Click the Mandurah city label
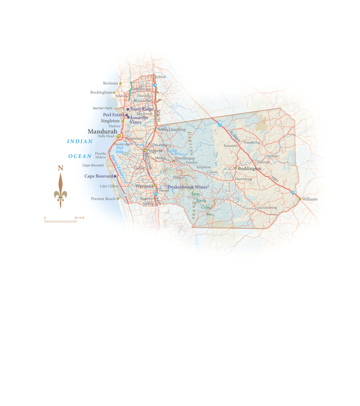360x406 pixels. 102,131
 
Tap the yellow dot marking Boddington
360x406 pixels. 235,168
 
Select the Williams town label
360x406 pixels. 310,199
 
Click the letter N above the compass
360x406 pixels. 61,168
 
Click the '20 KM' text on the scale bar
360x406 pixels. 79,218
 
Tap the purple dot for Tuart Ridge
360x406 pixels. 128,109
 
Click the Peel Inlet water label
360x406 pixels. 120,149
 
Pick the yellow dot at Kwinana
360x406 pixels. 120,83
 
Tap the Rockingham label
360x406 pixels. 101,92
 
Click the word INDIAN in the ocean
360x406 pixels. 80,141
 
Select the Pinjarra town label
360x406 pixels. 154,150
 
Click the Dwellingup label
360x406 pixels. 185,158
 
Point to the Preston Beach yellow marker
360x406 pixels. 118,199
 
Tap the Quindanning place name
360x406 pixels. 267,207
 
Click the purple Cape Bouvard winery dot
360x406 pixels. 115,176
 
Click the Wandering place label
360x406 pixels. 252,142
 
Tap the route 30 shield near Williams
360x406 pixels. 293,192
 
